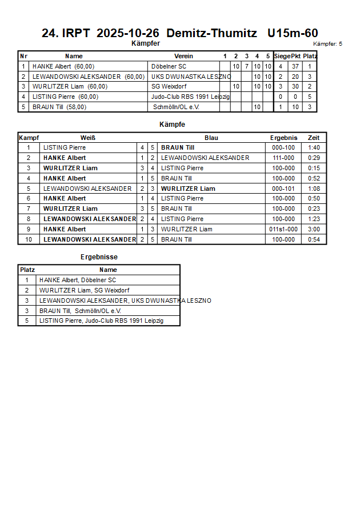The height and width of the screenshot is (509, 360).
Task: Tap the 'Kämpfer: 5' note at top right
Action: (328, 44)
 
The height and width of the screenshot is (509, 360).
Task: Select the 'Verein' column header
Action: (183, 56)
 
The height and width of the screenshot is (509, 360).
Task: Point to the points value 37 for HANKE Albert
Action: (295, 66)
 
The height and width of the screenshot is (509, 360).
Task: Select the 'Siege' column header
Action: (281, 56)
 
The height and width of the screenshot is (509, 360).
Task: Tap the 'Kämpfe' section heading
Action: (172, 125)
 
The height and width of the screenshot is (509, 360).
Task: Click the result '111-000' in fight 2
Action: (283, 158)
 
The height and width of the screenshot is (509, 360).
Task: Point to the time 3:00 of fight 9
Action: (314, 229)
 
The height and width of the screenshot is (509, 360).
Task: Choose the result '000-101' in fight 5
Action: (283, 189)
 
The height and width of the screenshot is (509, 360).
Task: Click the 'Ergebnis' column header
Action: (283, 138)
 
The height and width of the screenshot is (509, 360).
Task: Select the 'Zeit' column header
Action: (314, 138)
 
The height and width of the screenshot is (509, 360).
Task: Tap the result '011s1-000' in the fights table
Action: (283, 229)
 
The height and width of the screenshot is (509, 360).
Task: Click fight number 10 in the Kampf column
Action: (28, 239)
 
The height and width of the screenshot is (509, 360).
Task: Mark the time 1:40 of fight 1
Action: (314, 147)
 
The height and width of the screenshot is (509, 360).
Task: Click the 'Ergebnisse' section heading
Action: (99, 257)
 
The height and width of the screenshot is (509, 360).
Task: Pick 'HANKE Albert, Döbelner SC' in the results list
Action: (78, 280)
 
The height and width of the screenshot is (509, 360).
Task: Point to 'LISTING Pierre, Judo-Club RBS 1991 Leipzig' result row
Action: (101, 321)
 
